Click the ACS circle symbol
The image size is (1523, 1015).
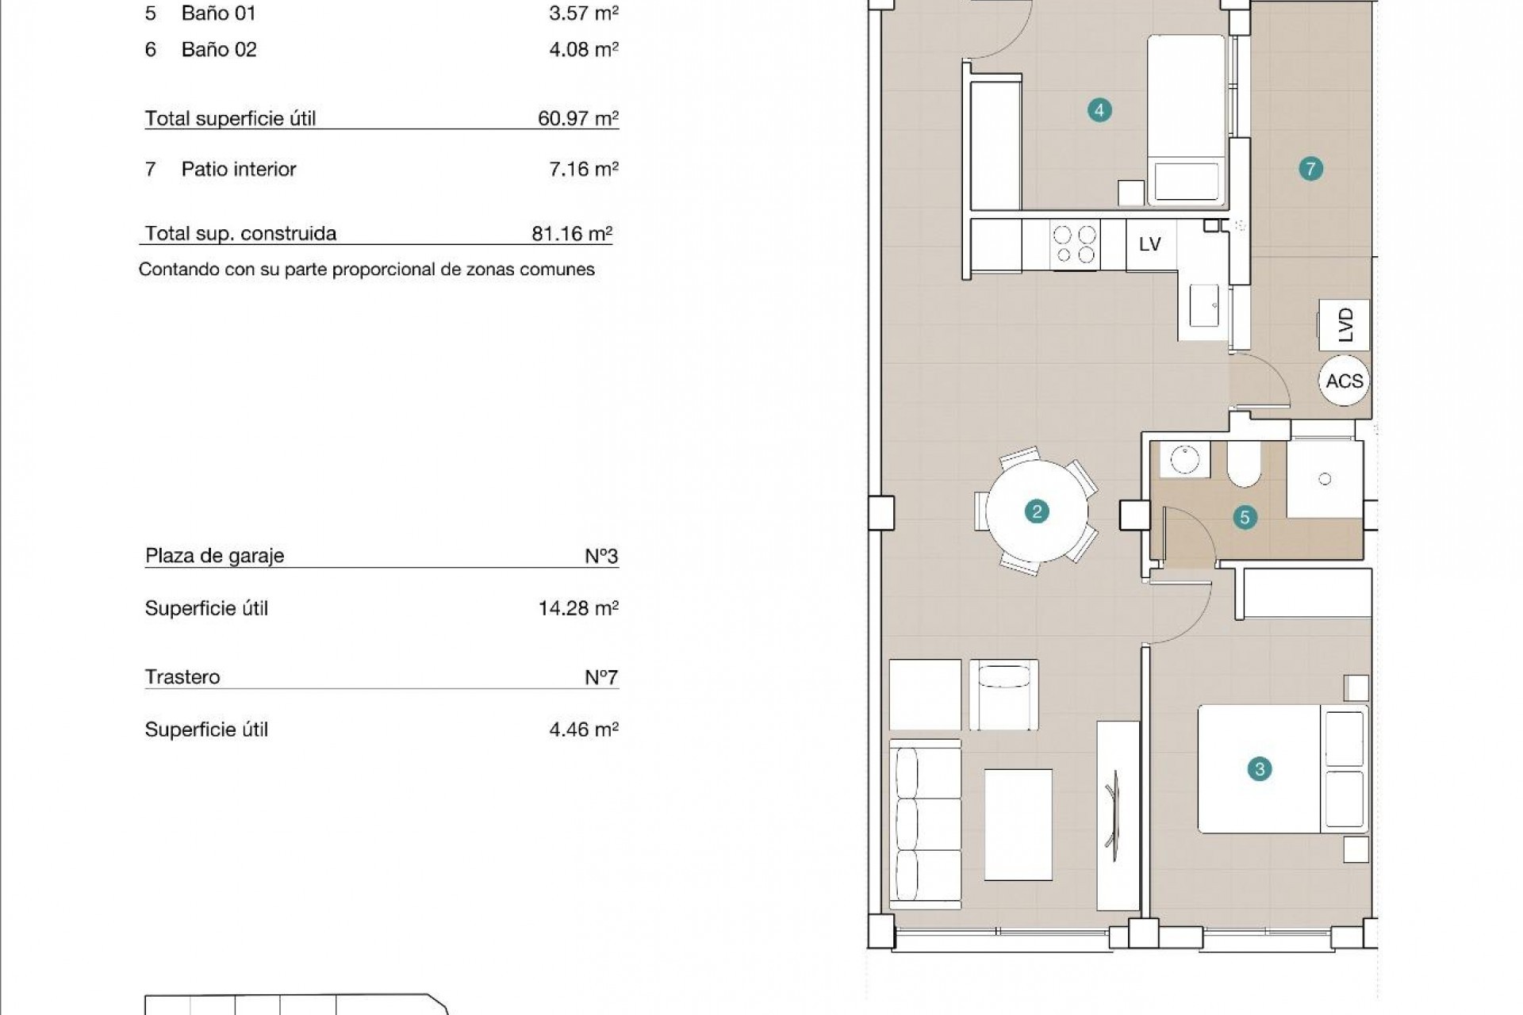pos(1344,381)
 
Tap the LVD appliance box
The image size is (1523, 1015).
pos(1344,324)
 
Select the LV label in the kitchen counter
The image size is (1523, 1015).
pos(1150,245)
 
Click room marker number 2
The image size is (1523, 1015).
pos(1036,511)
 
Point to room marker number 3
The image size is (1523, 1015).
pos(1259,768)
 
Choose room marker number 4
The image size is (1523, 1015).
pos(1099,110)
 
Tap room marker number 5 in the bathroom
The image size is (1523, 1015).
pos(1245,518)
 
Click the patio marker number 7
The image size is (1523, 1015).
pos(1310,168)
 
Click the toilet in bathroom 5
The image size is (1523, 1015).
pos(1243,465)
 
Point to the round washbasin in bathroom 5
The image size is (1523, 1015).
pos(1184,460)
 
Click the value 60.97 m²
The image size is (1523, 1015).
pos(577,118)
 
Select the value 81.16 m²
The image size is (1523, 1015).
pos(571,233)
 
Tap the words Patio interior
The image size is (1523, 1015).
pos(238,169)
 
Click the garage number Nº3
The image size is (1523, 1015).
pos(600,556)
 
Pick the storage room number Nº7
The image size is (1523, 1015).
pos(600,677)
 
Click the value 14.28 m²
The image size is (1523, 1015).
pos(577,608)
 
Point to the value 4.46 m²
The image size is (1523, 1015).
pos(583,730)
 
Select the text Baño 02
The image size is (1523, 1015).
pos(219,50)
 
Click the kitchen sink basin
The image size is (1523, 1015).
pos(1203,306)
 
